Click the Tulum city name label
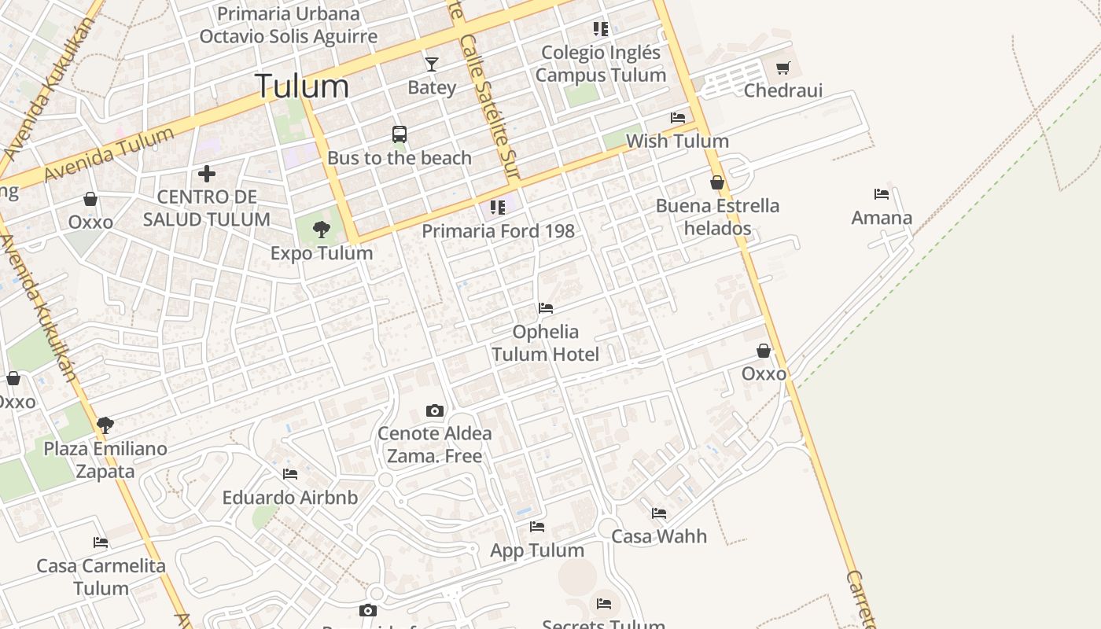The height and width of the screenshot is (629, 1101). pyautogui.click(x=302, y=86)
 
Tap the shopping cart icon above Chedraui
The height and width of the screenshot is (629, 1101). pyautogui.click(x=782, y=68)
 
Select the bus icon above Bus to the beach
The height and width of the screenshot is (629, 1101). pyautogui.click(x=400, y=134)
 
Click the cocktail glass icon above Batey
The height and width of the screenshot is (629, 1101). pyautogui.click(x=431, y=64)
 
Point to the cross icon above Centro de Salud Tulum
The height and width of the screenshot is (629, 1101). pyautogui.click(x=207, y=173)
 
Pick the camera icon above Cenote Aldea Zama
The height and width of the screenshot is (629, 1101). pyautogui.click(x=434, y=410)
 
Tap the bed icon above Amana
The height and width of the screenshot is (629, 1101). pyautogui.click(x=882, y=193)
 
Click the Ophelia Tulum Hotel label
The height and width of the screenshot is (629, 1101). pyautogui.click(x=545, y=343)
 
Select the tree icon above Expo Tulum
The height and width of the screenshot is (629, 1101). pyautogui.click(x=321, y=230)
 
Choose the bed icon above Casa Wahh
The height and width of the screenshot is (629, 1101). pyautogui.click(x=659, y=513)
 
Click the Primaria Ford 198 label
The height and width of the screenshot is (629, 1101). pyautogui.click(x=498, y=231)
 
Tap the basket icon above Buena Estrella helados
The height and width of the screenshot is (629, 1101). pyautogui.click(x=717, y=182)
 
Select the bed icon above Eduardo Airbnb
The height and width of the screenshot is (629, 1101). pyautogui.click(x=290, y=474)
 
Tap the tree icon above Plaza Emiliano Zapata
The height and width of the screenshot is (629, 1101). pyautogui.click(x=105, y=425)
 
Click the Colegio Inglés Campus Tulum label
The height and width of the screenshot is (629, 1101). pyautogui.click(x=601, y=64)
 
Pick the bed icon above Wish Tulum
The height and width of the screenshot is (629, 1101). pyautogui.click(x=678, y=118)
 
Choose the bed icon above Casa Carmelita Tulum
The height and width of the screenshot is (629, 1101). pyautogui.click(x=101, y=543)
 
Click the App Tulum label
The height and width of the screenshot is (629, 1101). pyautogui.click(x=537, y=550)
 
